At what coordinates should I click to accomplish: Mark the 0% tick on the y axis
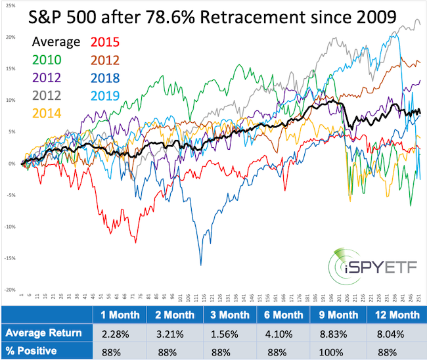[9, 164]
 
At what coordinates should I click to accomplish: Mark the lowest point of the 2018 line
[200, 264]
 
